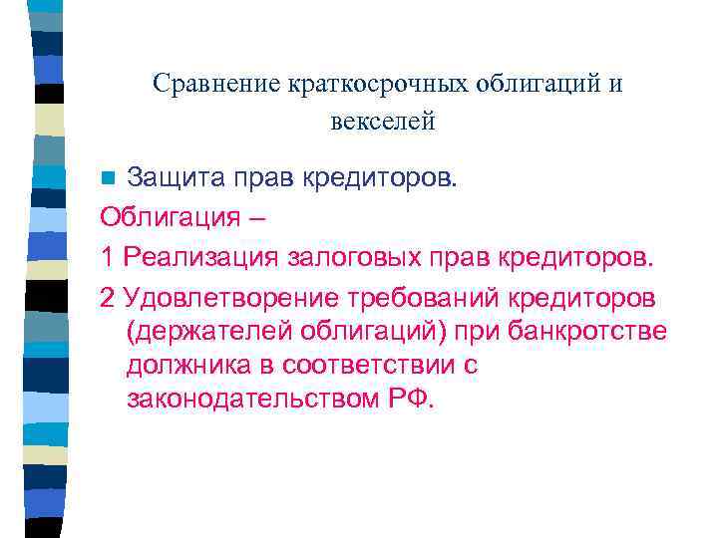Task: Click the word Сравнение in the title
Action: click(x=202, y=84)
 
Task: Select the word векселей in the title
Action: click(x=383, y=123)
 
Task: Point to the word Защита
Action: click(x=172, y=178)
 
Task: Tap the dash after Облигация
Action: click(x=259, y=217)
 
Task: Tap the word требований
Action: click(x=422, y=296)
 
